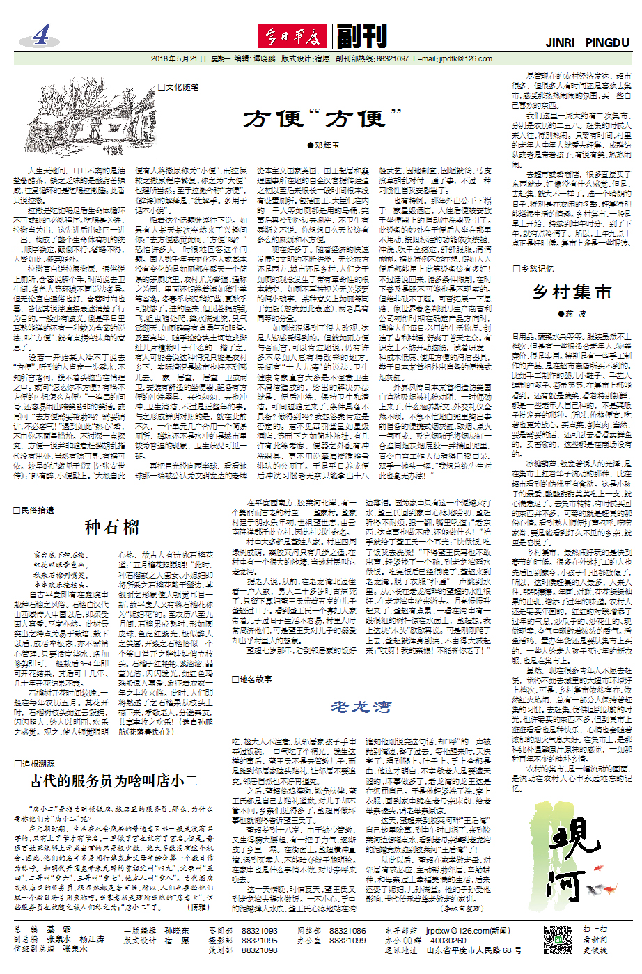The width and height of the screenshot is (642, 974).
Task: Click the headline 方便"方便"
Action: click(x=323, y=119)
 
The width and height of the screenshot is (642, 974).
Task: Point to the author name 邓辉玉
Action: click(x=324, y=145)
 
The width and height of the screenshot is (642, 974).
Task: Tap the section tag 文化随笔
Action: click(x=179, y=87)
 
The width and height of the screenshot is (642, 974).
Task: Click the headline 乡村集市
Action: click(x=572, y=291)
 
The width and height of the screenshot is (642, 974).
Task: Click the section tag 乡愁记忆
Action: click(x=533, y=268)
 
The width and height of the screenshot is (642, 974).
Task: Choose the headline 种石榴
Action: click(x=112, y=526)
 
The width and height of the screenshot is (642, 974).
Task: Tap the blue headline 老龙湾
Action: click(x=361, y=707)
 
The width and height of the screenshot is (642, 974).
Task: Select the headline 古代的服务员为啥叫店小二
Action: click(x=113, y=781)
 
